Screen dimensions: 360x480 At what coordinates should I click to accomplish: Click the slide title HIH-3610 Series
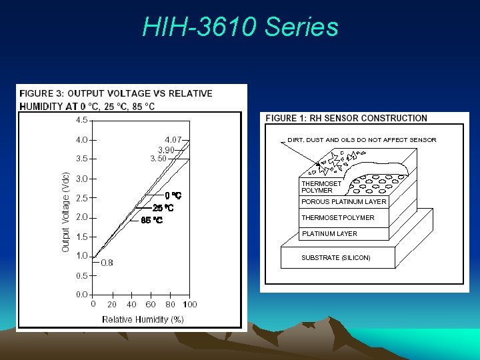pos(240,27)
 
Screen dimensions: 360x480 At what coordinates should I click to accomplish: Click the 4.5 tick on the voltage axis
pos(81,120)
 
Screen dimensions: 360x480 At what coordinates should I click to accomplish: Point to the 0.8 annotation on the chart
pos(107,263)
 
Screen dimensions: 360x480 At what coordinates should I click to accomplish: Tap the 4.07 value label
pos(174,139)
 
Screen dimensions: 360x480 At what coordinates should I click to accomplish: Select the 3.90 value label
pos(166,150)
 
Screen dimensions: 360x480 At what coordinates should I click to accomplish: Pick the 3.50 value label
pos(159,159)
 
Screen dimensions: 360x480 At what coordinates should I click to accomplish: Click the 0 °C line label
pos(173,196)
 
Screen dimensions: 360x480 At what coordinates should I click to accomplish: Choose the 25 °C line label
pos(164,208)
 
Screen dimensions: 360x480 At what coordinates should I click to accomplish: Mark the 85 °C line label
pos(152,220)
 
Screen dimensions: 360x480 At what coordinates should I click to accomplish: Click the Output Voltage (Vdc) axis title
pos(66,213)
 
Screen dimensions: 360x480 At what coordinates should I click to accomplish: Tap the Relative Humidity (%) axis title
pos(143,319)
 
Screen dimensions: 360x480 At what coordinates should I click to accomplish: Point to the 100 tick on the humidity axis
pos(189,305)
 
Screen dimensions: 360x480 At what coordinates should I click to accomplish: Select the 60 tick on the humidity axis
pos(151,305)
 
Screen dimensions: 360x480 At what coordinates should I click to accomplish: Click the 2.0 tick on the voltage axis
pos(81,217)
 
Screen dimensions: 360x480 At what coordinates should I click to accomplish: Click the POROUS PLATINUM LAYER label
pos(343,201)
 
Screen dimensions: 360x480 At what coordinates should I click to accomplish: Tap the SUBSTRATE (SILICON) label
pos(335,257)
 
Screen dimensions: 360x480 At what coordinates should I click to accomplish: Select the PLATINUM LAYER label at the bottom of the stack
pos(329,233)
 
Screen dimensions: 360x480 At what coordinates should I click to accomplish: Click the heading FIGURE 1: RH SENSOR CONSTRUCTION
pos(346,118)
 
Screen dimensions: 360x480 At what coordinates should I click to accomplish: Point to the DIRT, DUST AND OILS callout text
pos(361,140)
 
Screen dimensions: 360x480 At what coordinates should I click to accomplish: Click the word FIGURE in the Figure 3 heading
pos(38,93)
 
